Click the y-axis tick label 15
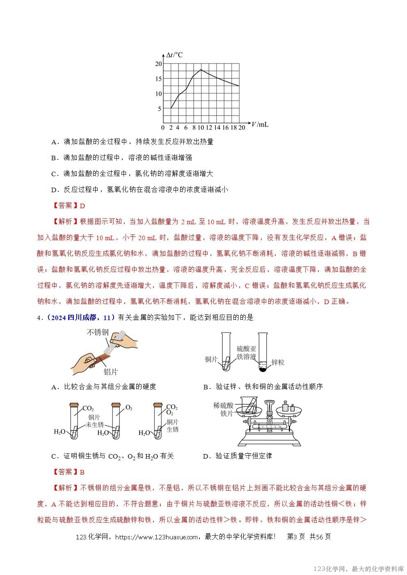(158, 79)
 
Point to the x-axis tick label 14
(217, 127)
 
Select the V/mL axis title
(260, 124)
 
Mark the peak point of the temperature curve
(201, 70)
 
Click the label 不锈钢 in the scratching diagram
(97, 333)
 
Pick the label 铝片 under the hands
(110, 372)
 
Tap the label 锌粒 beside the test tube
(278, 362)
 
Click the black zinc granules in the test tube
(263, 369)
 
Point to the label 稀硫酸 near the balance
(223, 405)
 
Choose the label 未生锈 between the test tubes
(95, 425)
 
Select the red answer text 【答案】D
(69, 206)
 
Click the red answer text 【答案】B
(69, 472)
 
